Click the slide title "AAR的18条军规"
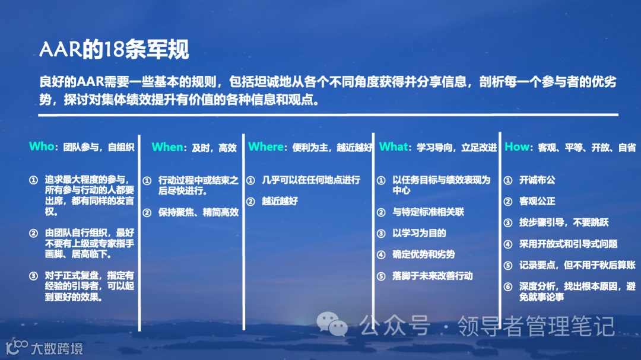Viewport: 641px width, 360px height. point(114,50)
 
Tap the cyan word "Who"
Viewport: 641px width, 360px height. point(42,146)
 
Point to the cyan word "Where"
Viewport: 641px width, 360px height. point(266,146)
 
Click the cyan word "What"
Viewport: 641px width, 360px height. point(394,146)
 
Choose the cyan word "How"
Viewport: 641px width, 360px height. point(516,147)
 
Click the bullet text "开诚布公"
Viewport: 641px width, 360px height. point(537,180)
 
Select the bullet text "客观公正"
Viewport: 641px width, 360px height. point(537,201)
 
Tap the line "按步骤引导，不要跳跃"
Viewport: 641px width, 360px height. point(564,222)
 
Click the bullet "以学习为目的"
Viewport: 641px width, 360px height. point(419,233)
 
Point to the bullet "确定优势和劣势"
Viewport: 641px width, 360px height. point(423,254)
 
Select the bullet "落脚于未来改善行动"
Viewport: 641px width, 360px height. point(432,276)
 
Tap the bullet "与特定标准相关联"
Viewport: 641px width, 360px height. point(428,212)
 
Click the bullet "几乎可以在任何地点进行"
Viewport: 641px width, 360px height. point(311,180)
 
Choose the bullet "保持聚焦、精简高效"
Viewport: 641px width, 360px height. point(198,212)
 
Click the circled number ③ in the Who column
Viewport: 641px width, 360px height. point(33,276)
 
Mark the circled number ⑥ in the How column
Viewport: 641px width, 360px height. point(508,286)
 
